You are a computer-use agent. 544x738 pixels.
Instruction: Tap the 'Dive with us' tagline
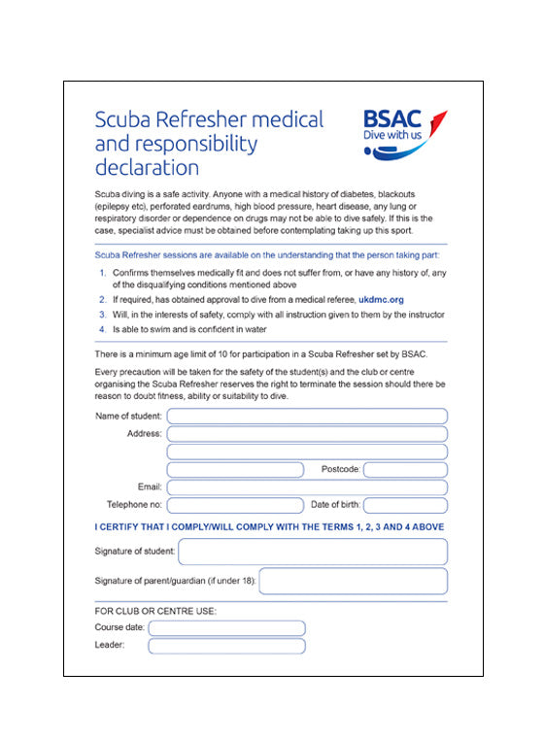point(393,137)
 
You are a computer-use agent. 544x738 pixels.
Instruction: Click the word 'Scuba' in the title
point(120,119)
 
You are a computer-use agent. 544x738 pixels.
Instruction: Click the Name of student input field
point(306,417)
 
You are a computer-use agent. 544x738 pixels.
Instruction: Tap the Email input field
point(306,487)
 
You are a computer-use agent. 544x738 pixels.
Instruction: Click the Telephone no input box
point(235,505)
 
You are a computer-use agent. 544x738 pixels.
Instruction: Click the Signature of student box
point(312,552)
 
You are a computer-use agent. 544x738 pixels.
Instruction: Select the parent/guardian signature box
point(353,582)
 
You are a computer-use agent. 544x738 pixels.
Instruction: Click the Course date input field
point(226,628)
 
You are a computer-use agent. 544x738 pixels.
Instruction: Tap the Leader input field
point(226,646)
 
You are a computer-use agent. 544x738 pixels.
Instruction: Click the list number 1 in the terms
point(102,273)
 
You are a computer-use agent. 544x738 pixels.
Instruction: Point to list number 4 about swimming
point(102,329)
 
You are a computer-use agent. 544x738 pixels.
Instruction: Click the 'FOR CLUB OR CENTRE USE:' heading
point(155,611)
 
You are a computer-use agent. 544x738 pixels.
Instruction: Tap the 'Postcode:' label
point(340,470)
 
